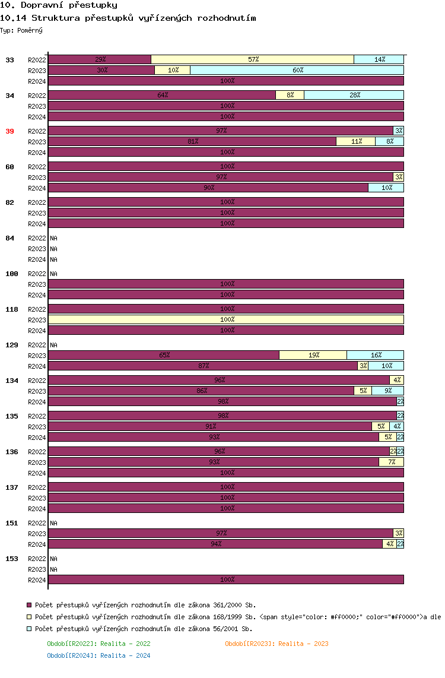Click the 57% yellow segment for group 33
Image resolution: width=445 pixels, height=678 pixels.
pos(253,59)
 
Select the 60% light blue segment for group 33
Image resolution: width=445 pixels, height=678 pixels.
pos(297,70)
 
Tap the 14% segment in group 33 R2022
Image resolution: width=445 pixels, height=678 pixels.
pos(379,59)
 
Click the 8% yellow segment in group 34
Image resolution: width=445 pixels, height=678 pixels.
pos(290,95)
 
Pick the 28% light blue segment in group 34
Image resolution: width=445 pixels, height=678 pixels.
pos(354,95)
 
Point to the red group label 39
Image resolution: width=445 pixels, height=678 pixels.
pos(9,131)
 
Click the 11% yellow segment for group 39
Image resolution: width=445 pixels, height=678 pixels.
pos(355,141)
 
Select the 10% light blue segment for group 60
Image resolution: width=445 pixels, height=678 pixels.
pos(386,188)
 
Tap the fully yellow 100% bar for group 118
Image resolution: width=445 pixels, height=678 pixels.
pos(226,319)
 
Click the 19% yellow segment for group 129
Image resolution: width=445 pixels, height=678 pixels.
pos(313,355)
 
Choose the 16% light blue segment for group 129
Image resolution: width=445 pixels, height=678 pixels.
pos(375,355)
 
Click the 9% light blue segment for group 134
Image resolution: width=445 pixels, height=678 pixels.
pos(387,391)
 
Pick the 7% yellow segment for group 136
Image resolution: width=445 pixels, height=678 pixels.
pos(391,462)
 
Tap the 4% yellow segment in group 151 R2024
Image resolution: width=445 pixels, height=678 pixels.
pos(389,544)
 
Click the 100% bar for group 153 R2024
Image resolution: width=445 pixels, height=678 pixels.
pos(226,579)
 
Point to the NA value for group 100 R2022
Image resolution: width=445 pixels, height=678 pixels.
pos(54,274)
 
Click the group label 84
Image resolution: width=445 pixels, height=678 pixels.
pos(9,238)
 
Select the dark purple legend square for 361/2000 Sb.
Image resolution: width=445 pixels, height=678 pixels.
pos(28,605)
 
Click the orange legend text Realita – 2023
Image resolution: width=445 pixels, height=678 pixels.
pos(276,644)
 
